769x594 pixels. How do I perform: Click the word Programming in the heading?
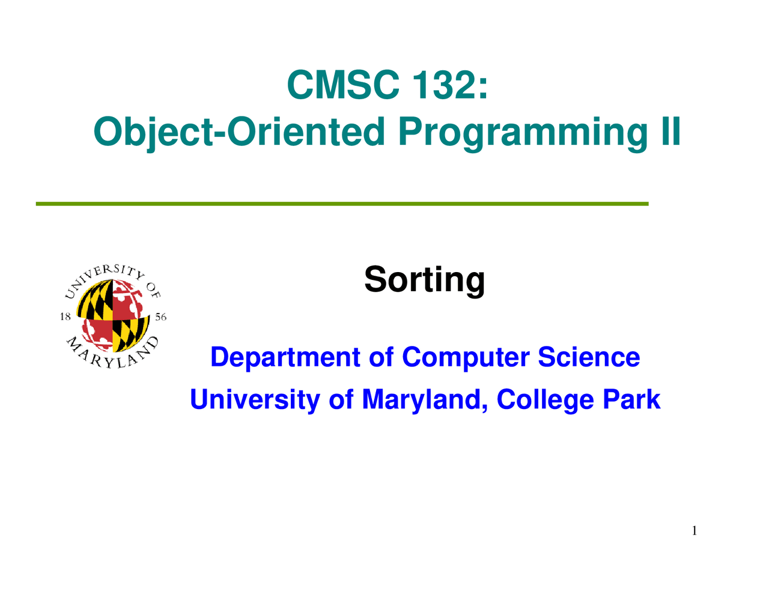pyautogui.click(x=522, y=132)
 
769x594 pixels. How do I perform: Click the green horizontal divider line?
pyautogui.click(x=342, y=204)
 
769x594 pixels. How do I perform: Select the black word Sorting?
pyautogui.click(x=424, y=280)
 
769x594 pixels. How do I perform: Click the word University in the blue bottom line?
pyautogui.click(x=255, y=399)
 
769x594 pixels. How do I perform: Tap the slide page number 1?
pyautogui.click(x=694, y=530)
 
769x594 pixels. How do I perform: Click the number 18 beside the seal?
pyautogui.click(x=65, y=317)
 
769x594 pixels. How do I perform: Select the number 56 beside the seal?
pyautogui.click(x=160, y=317)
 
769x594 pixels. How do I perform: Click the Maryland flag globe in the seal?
pyautogui.click(x=113, y=316)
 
